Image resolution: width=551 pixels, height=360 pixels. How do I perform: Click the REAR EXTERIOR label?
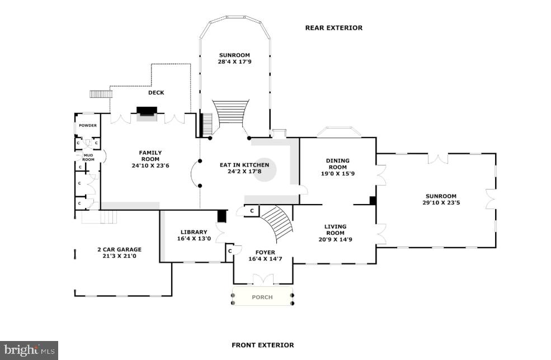(x=333, y=28)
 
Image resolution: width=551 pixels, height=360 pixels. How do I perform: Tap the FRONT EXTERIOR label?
(x=262, y=345)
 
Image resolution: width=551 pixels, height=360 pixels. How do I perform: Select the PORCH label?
(x=262, y=297)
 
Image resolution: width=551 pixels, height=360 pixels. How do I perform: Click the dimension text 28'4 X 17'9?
(x=234, y=62)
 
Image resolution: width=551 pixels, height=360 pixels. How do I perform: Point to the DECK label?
(x=156, y=93)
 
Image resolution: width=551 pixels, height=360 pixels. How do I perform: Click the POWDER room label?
(x=87, y=125)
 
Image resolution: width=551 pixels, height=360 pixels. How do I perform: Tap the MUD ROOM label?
(x=88, y=157)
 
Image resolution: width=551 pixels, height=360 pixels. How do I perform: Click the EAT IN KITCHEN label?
(x=244, y=165)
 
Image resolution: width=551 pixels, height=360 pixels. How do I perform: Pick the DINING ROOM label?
(x=337, y=164)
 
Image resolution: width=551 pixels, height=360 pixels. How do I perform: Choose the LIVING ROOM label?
(x=335, y=230)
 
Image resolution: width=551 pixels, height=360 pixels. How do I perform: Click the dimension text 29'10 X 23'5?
(x=441, y=203)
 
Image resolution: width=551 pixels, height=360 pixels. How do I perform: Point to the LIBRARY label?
(x=194, y=232)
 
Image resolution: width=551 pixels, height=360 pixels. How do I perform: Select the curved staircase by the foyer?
(x=278, y=222)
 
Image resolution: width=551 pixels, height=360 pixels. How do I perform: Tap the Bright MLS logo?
(x=29, y=350)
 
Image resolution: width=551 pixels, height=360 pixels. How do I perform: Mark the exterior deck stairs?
(x=101, y=94)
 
